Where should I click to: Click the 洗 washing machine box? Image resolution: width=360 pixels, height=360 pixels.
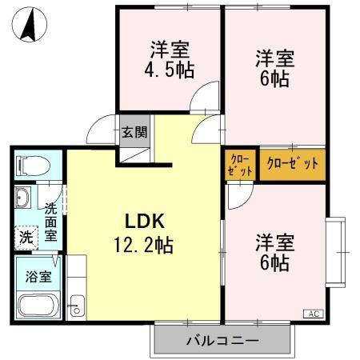(26, 237)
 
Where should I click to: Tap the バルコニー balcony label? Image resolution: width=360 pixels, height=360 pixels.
(222, 341)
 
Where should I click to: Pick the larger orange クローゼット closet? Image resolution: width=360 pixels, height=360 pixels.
(292, 164)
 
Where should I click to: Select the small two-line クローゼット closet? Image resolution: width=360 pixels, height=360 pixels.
(240, 164)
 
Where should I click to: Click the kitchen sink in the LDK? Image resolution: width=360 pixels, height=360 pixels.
(77, 303)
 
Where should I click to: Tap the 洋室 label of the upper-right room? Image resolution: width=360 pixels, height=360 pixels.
(275, 58)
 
